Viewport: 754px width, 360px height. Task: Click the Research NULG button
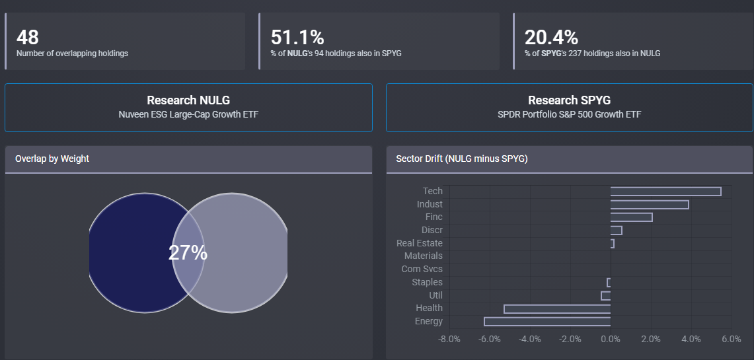pyautogui.click(x=188, y=107)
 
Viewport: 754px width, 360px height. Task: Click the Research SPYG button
pyautogui.click(x=569, y=107)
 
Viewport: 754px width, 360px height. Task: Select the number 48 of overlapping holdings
pyautogui.click(x=28, y=37)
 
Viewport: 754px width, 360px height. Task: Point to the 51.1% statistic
pyautogui.click(x=297, y=37)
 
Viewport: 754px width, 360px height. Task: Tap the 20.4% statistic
pyautogui.click(x=551, y=37)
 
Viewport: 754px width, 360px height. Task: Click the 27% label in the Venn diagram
pyautogui.click(x=188, y=253)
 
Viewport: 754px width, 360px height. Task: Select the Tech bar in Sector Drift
pyautogui.click(x=665, y=192)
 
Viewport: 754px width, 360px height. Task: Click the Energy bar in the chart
pyautogui.click(x=547, y=322)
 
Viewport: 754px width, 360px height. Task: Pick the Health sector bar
pyautogui.click(x=557, y=308)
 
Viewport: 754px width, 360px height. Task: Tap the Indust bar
pyautogui.click(x=650, y=205)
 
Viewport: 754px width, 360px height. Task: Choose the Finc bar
pyautogui.click(x=631, y=217)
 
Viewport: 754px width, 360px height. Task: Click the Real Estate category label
pyautogui.click(x=419, y=243)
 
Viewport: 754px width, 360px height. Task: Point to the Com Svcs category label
pyautogui.click(x=422, y=269)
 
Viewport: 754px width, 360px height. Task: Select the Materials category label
pyautogui.click(x=423, y=256)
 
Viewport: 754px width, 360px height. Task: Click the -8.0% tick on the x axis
pyautogui.click(x=449, y=339)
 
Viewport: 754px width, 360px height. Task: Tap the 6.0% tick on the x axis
pyautogui.click(x=731, y=339)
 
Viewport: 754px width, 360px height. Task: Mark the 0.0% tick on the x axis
pyautogui.click(x=611, y=339)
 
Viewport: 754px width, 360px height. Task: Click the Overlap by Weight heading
pyautogui.click(x=52, y=159)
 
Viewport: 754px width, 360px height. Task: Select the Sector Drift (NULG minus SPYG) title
pyautogui.click(x=461, y=159)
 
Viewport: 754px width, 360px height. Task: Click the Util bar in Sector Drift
pyautogui.click(x=606, y=295)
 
